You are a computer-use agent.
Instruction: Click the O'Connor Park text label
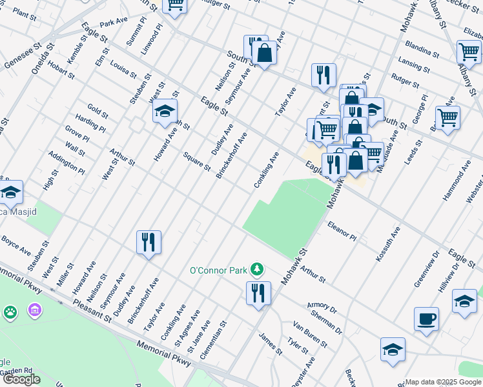[219, 269]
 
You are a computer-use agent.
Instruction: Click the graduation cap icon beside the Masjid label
[11, 192]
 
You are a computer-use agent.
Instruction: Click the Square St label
[196, 161]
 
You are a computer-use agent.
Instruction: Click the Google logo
[21, 379]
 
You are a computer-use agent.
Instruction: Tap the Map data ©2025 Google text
[443, 382]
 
